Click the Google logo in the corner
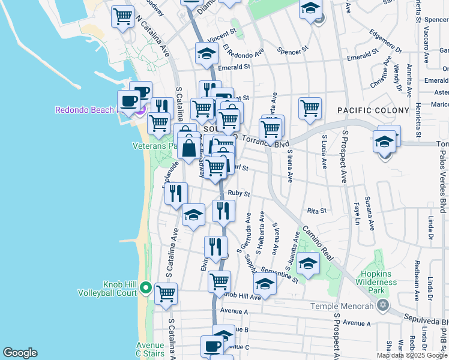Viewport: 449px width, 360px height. pyautogui.click(x=20, y=353)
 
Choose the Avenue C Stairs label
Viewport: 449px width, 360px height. pyautogui.click(x=149, y=350)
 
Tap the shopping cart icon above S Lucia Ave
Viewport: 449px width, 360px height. pyautogui.click(x=310, y=108)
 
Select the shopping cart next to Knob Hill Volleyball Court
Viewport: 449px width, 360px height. pyautogui.click(x=166, y=293)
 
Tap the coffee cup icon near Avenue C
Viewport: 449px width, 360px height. pyautogui.click(x=212, y=346)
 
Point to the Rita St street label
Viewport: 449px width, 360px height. pyautogui.click(x=316, y=211)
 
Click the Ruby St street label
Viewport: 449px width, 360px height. pyautogui.click(x=238, y=193)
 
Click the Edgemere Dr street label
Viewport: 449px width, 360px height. pyautogui.click(x=385, y=40)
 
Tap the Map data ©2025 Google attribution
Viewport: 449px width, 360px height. pyautogui.click(x=412, y=355)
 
